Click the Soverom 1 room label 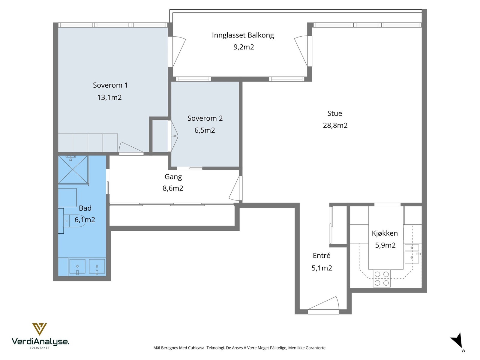(110, 85)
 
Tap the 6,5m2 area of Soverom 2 (205, 130)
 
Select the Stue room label (334, 113)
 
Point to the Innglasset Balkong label (243, 35)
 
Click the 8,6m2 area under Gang (173, 188)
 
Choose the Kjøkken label (385, 233)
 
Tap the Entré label (322, 256)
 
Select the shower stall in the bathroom (74, 170)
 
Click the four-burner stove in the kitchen (382, 278)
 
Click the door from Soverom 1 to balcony (177, 52)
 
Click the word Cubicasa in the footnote (197, 347)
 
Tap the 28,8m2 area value (335, 125)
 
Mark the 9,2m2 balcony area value (244, 47)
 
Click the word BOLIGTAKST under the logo (40, 348)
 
